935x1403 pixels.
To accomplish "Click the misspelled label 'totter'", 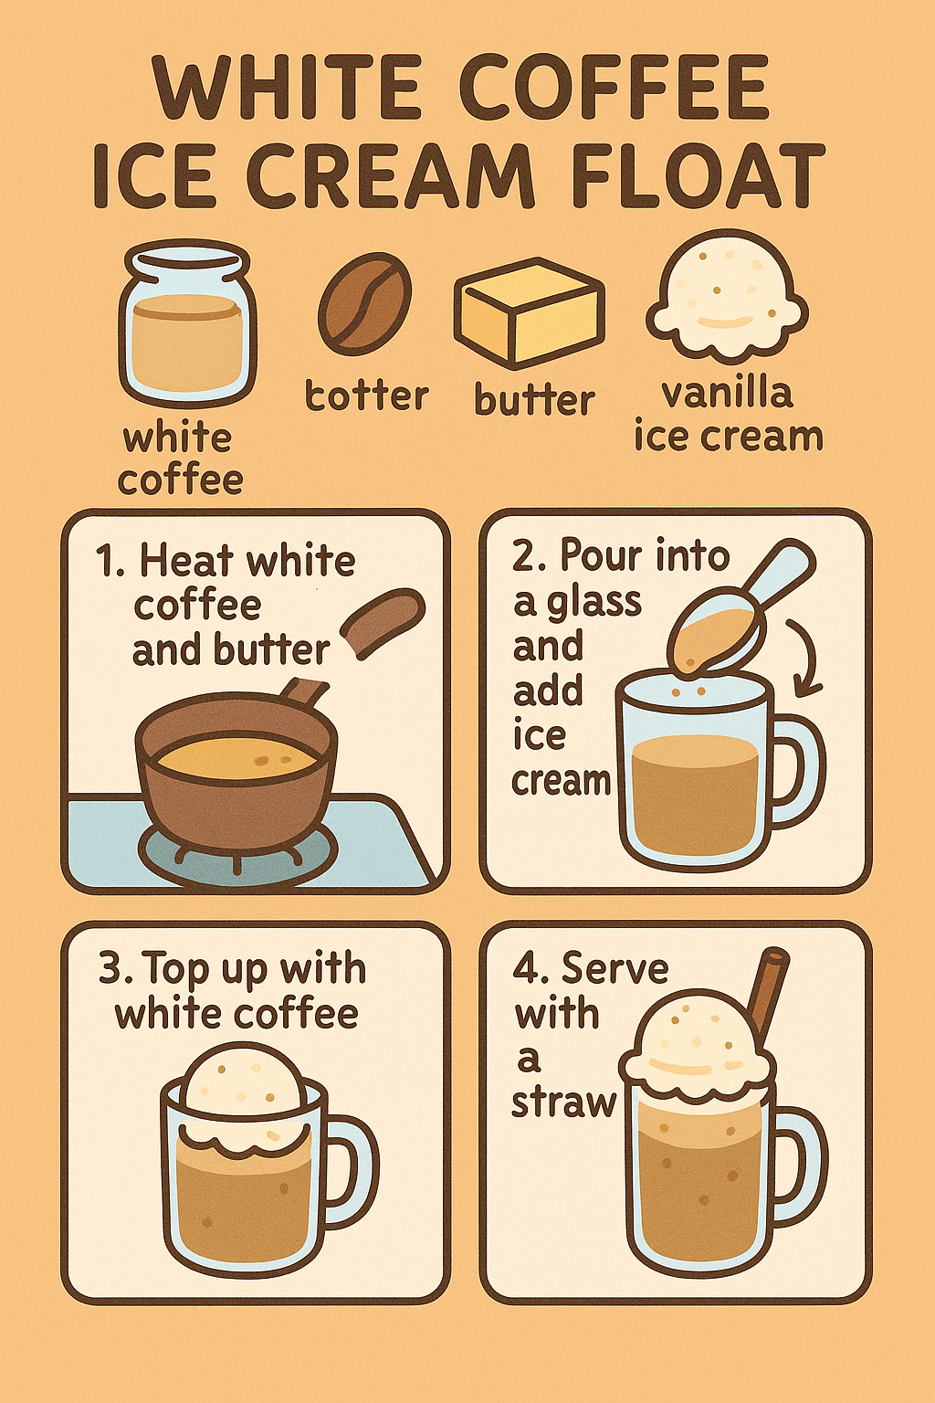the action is click(x=366, y=396).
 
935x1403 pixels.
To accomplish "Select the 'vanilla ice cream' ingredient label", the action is click(x=728, y=414).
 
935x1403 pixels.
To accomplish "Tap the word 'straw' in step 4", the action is click(x=563, y=1103).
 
